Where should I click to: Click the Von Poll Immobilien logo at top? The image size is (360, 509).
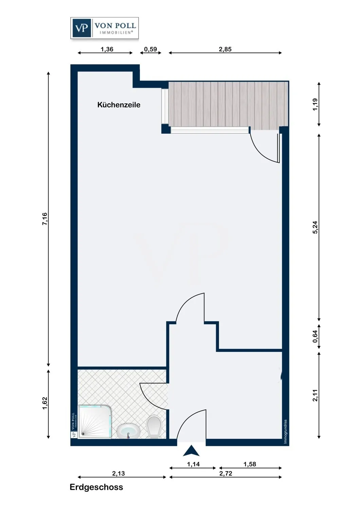click(x=105, y=28)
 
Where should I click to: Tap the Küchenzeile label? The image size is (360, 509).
click(x=119, y=105)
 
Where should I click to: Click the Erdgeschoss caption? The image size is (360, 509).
click(x=96, y=487)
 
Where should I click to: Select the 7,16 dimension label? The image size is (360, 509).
click(x=45, y=219)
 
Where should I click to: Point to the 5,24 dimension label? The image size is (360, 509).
click(x=315, y=227)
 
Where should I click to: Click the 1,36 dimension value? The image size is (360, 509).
click(x=107, y=49)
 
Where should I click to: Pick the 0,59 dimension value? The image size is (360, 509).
click(x=150, y=49)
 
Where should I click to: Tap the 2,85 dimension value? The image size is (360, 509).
click(x=225, y=49)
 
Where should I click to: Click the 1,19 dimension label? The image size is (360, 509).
click(x=315, y=104)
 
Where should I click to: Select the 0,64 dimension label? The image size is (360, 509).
click(x=315, y=336)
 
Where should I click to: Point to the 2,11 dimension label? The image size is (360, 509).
click(x=315, y=395)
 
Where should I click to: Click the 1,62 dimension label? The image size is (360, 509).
click(x=45, y=403)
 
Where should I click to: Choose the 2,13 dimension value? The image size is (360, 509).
click(x=119, y=473)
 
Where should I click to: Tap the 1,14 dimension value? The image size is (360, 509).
click(x=193, y=464)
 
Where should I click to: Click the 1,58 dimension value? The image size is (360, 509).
click(x=250, y=464)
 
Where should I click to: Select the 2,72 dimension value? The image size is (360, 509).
click(x=226, y=473)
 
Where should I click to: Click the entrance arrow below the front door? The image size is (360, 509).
click(x=191, y=451)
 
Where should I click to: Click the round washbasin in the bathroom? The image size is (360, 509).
click(x=128, y=431)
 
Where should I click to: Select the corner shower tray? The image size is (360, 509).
click(x=94, y=422)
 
